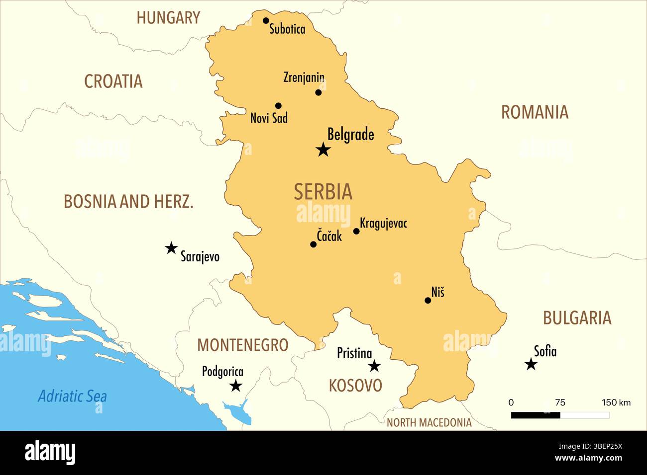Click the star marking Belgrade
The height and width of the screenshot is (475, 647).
(x=323, y=149)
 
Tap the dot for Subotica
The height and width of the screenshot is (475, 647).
(x=266, y=21)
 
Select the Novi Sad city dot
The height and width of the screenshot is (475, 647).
(x=278, y=106)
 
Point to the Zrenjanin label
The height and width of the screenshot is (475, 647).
(x=304, y=78)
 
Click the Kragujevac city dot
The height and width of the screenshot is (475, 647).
(x=356, y=231)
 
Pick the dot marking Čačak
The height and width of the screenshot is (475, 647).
(x=313, y=244)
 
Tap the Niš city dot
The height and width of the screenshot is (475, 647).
(x=428, y=300)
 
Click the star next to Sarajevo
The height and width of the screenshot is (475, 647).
(x=171, y=248)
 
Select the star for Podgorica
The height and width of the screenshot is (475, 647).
(x=236, y=386)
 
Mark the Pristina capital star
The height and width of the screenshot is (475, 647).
(x=374, y=366)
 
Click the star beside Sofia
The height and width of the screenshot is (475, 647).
(x=531, y=365)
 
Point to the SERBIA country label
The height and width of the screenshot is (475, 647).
(x=323, y=192)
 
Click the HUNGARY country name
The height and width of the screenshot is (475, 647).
(x=168, y=18)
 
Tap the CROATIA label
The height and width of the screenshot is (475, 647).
(x=113, y=81)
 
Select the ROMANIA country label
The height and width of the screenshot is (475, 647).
(x=535, y=112)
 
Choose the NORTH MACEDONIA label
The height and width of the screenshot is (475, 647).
(x=429, y=423)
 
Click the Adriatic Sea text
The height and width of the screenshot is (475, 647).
(x=72, y=396)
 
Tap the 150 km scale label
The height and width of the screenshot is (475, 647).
(x=616, y=402)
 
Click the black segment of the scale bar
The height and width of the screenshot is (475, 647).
(x=536, y=415)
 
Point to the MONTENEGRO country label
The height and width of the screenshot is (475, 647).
(x=242, y=345)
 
